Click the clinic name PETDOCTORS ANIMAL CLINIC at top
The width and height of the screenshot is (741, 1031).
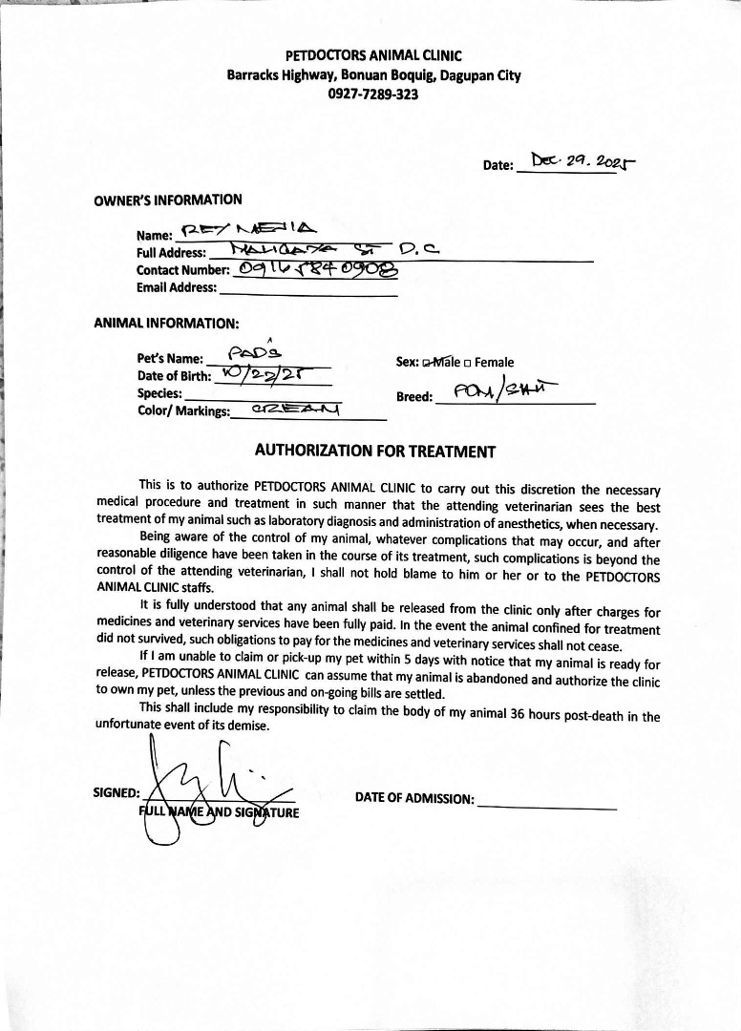[x=373, y=56]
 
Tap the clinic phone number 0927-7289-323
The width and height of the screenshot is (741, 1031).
[x=373, y=94]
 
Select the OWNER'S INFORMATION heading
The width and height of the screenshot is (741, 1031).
[x=167, y=200]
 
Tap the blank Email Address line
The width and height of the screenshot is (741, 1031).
[x=307, y=289]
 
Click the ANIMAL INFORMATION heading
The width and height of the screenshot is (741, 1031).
[x=166, y=324]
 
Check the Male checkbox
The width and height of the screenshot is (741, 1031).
[x=427, y=363]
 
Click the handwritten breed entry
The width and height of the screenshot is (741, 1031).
[x=515, y=391]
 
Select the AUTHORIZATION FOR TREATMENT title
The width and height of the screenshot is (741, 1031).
[x=374, y=451]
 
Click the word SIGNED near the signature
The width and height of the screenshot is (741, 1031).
[x=116, y=793]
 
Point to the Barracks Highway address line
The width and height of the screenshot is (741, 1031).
[x=373, y=75]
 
